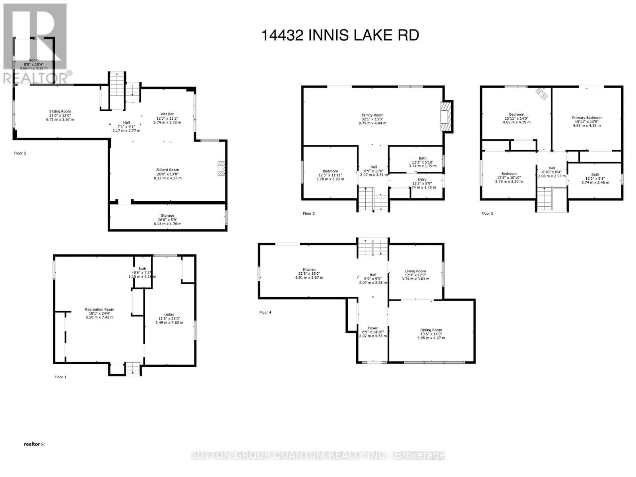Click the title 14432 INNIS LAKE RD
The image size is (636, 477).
pos(340,35)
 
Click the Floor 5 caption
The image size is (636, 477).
pos(487,213)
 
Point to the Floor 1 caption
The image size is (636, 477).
pos(60,377)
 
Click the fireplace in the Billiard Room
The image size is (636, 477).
pos(221,168)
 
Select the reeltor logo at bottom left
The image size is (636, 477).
pos(34,444)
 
